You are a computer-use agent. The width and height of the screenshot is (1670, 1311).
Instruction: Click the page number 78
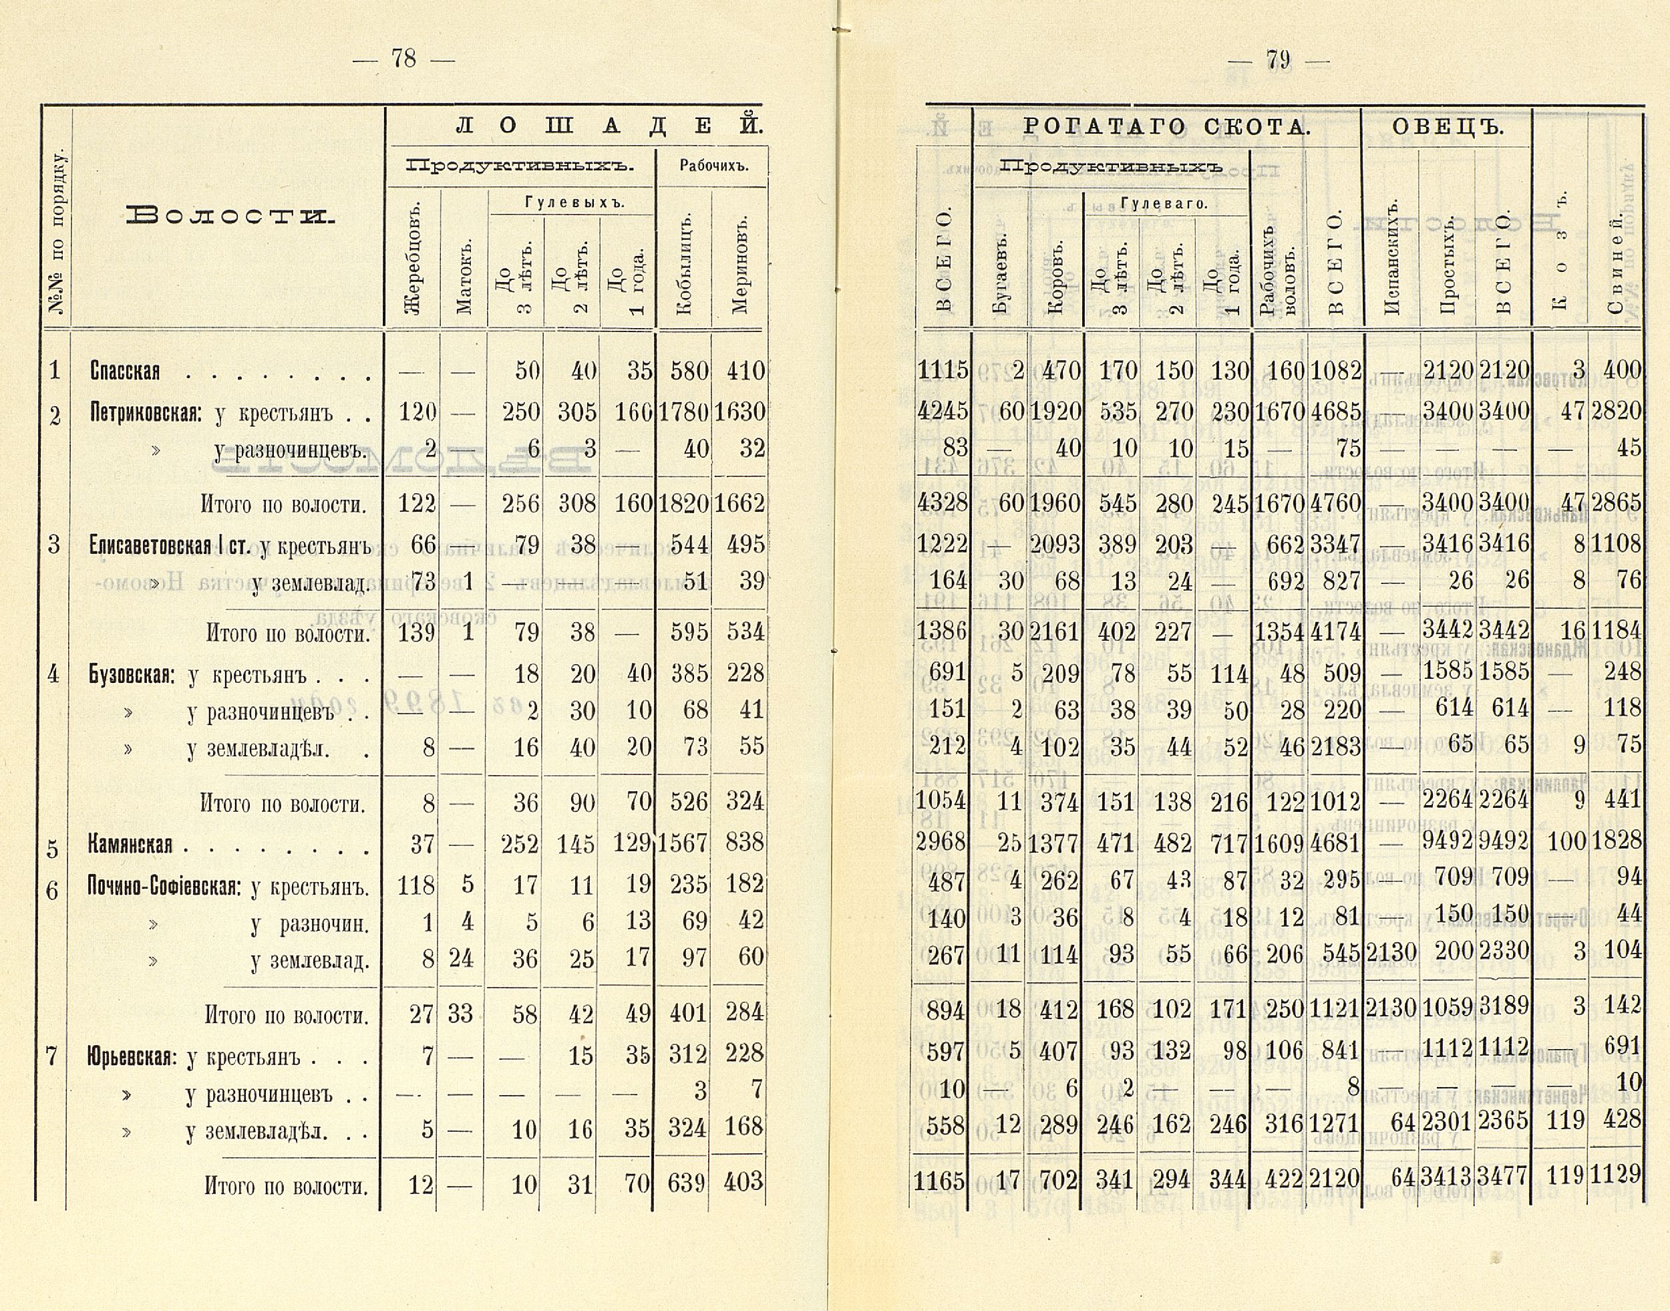[x=403, y=58]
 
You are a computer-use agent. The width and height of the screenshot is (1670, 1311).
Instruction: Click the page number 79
[x=1279, y=60]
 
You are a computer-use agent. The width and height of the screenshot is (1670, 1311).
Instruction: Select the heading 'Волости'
[x=230, y=216]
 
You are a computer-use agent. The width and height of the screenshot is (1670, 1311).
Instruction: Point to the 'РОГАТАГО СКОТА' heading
[x=1166, y=128]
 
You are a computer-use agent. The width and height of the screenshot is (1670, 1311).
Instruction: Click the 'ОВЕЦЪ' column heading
[x=1447, y=128]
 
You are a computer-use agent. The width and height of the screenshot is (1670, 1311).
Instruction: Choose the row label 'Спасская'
[x=125, y=372]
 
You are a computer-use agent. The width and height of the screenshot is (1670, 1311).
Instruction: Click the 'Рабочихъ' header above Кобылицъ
[x=713, y=166]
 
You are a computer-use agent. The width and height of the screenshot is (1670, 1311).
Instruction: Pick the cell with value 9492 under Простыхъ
[x=1448, y=843]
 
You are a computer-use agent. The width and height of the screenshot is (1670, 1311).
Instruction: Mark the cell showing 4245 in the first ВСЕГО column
[x=943, y=412]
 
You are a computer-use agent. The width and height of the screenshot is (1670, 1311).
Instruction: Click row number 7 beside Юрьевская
[x=52, y=1056]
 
